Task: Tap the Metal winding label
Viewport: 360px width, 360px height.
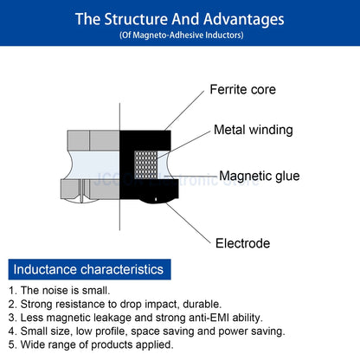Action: (x=253, y=131)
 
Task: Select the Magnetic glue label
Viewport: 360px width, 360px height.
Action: (x=259, y=177)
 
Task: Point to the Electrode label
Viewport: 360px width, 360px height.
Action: (x=242, y=243)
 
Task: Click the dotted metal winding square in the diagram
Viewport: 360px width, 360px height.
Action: (x=143, y=164)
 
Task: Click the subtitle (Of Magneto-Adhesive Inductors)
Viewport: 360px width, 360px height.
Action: (x=181, y=35)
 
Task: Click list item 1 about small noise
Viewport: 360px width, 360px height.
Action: (x=66, y=291)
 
